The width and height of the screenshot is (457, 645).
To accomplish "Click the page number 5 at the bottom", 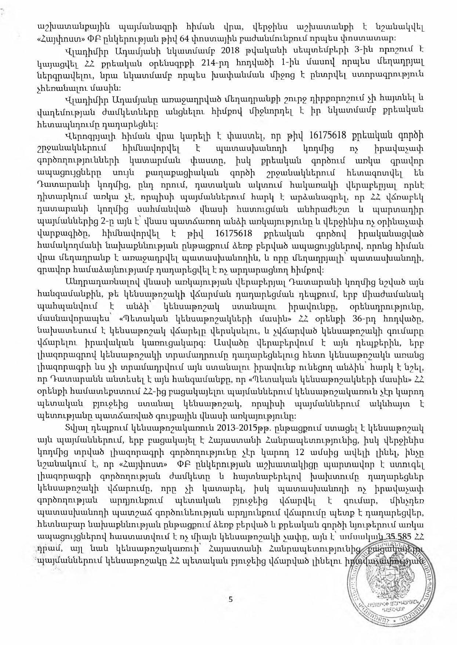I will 230,600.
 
